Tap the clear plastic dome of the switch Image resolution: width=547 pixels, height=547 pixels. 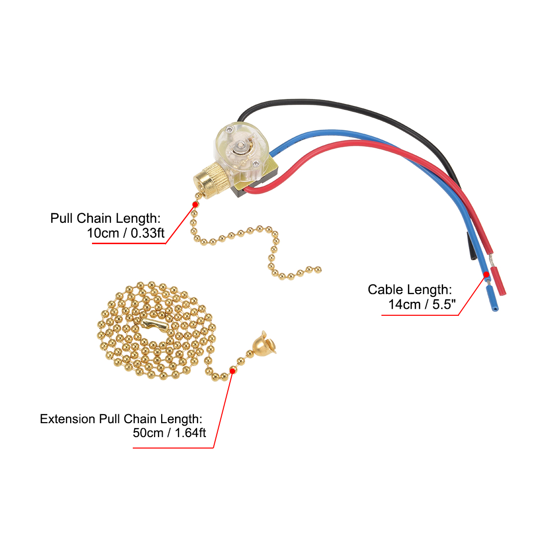pyautogui.click(x=241, y=144)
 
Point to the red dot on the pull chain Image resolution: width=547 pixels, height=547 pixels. pyautogui.click(x=195, y=204)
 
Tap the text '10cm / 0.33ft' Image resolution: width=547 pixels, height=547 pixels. pyautogui.click(x=126, y=233)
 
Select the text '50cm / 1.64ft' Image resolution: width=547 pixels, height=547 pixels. pyautogui.click(x=169, y=433)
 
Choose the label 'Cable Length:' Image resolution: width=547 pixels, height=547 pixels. pyautogui.click(x=410, y=289)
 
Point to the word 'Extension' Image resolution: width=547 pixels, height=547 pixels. pyautogui.click(x=68, y=419)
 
